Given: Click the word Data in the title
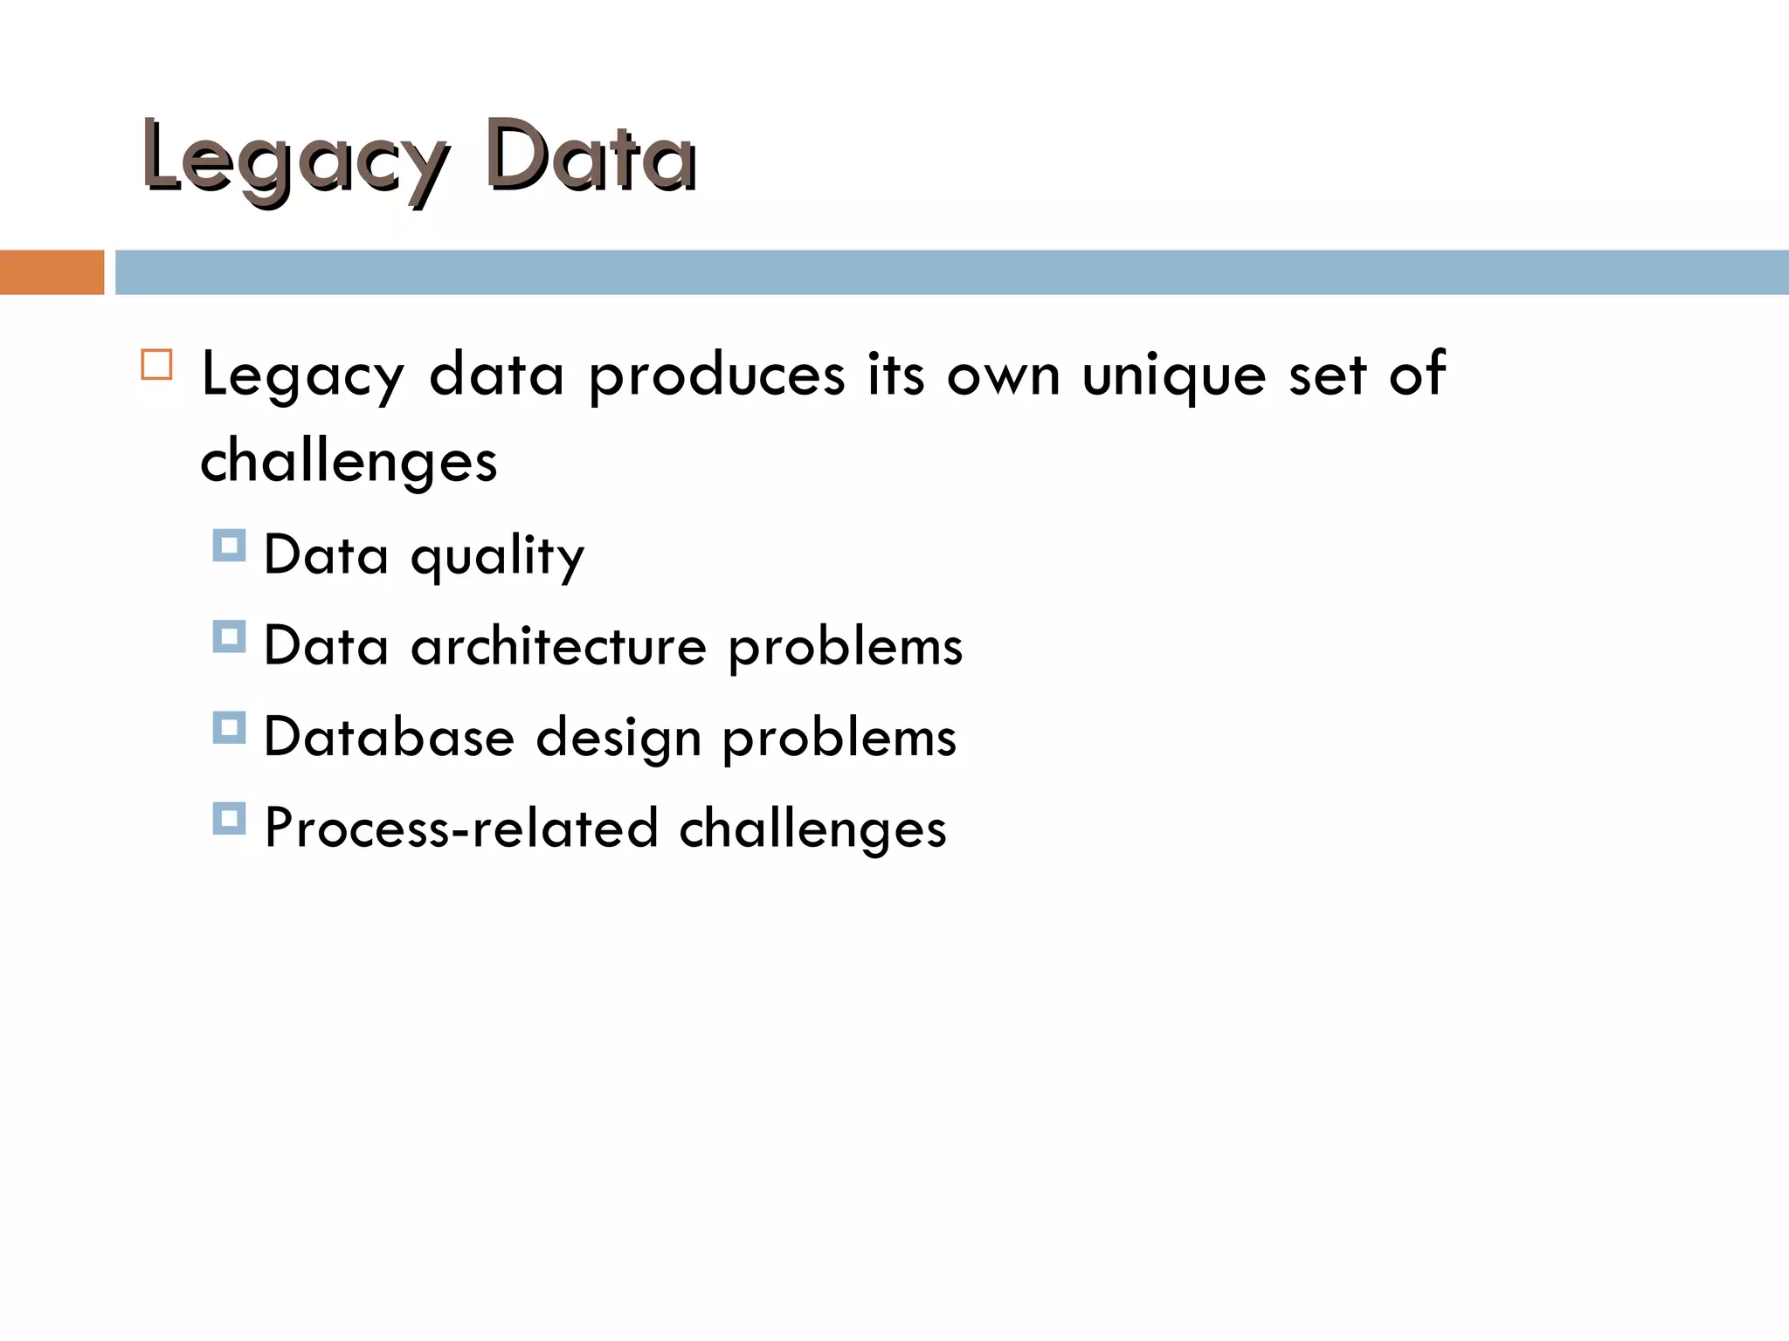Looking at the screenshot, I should click(x=591, y=157).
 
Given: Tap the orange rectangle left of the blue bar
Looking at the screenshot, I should click(x=52, y=272).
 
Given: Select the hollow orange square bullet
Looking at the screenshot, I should click(x=156, y=365).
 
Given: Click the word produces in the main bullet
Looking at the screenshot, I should click(x=716, y=375).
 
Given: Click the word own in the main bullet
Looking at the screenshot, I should click(x=1003, y=375).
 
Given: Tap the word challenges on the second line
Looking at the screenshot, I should click(x=349, y=460).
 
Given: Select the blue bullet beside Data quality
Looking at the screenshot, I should click(x=229, y=546).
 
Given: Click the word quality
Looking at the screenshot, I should click(x=497, y=556).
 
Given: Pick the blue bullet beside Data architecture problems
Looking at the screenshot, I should click(x=229, y=637).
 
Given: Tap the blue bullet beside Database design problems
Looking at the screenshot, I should click(x=229, y=728).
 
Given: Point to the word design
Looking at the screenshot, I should click(x=618, y=739).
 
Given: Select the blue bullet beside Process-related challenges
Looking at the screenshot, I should click(x=229, y=819).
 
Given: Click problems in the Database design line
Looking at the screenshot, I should click(x=839, y=739).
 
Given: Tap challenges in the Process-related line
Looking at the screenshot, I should click(x=812, y=829).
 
